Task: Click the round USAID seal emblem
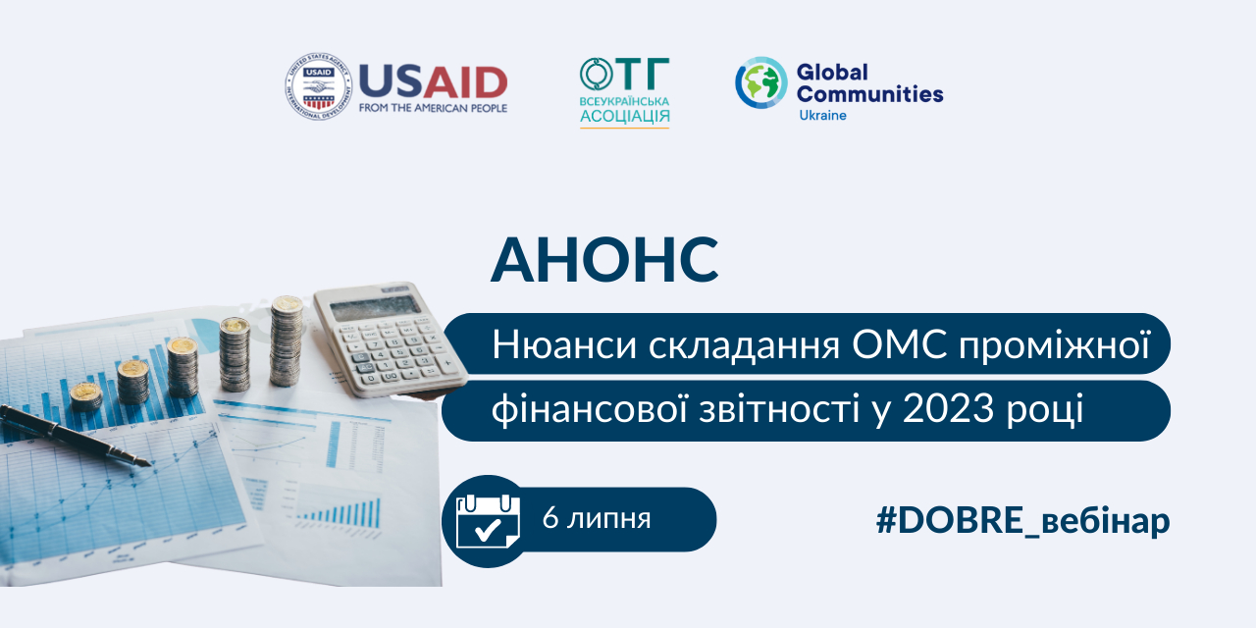(x=318, y=86)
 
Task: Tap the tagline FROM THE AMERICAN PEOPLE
(x=433, y=108)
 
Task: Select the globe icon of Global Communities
(x=760, y=82)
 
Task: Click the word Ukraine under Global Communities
(x=822, y=116)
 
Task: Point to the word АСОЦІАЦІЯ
(x=625, y=117)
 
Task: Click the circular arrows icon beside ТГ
(x=597, y=74)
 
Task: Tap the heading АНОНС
(x=604, y=260)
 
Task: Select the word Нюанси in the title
(x=564, y=344)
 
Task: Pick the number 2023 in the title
(x=949, y=409)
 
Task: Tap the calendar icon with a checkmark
(x=488, y=521)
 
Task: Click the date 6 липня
(x=597, y=518)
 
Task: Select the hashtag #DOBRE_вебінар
(x=1022, y=521)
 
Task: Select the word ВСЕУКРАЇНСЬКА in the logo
(x=624, y=101)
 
